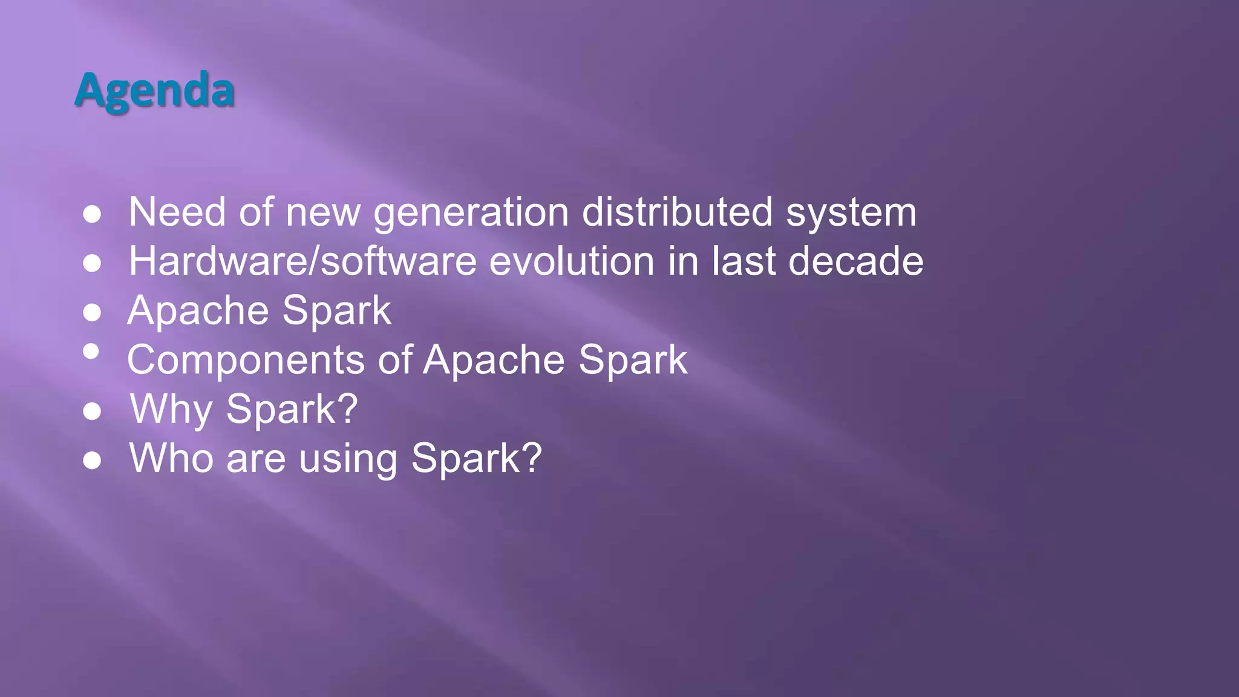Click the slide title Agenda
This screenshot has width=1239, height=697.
click(155, 90)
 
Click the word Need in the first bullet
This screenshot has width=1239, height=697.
click(177, 212)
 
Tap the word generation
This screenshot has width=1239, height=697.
click(471, 212)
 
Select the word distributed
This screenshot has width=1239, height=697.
click(677, 212)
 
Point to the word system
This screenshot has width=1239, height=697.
click(851, 212)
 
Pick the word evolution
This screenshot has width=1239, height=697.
click(572, 261)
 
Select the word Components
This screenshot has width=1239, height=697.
click(246, 359)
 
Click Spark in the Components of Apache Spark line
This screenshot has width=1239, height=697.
click(633, 359)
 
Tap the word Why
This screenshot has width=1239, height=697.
click(171, 409)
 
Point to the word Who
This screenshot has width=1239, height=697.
click(171, 458)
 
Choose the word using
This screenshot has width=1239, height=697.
click(348, 458)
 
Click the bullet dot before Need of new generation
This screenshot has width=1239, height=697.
click(92, 214)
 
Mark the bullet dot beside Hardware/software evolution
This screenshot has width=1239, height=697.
click(92, 263)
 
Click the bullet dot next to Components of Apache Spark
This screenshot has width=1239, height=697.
click(91, 351)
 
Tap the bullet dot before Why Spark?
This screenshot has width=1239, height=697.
click(92, 411)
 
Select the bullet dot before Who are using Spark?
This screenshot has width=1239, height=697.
click(92, 460)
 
